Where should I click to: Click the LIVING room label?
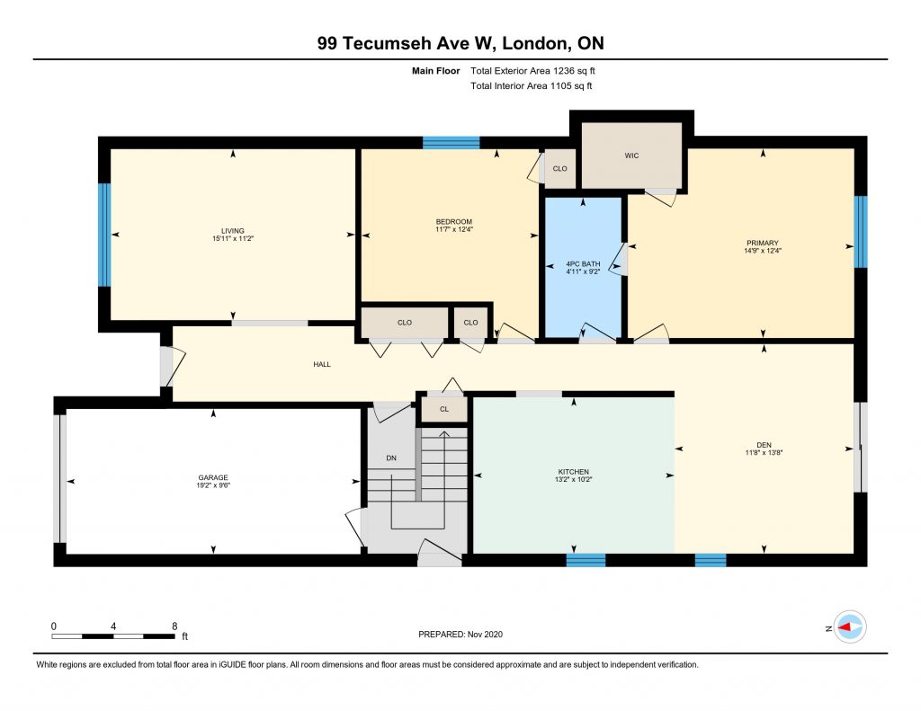233,231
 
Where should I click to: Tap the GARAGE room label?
212,477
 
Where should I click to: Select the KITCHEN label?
573,472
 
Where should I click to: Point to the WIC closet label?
631,156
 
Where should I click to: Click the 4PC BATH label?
583,264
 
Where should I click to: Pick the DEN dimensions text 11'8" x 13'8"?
764,453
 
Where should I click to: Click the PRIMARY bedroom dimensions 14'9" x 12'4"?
763,251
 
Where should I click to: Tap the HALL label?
322,364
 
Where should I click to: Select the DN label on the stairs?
391,458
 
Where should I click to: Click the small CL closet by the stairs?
444,409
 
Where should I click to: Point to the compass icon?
850,627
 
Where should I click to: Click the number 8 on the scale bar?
174,626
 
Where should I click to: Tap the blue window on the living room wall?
104,235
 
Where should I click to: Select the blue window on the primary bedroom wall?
861,231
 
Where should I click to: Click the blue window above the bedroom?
452,143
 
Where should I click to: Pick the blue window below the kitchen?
586,560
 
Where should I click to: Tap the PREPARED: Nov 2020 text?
460,634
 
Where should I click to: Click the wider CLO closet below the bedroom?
405,323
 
